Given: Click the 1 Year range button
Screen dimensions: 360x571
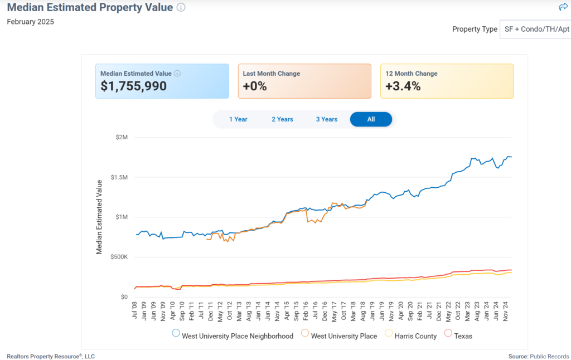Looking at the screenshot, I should (238, 119).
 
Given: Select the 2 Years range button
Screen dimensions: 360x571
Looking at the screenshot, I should (282, 119).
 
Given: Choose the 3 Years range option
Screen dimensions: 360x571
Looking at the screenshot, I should (327, 119).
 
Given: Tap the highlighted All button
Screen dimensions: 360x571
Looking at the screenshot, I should (371, 119).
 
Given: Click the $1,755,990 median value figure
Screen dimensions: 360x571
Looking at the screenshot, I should (133, 86).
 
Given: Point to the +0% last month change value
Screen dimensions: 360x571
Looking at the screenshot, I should (255, 86).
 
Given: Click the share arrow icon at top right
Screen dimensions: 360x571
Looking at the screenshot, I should (563, 7).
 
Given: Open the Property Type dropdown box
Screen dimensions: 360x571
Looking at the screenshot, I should (535, 29).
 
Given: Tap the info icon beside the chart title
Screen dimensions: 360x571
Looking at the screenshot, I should (181, 7).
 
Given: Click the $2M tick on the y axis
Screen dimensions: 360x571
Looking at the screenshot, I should (122, 137).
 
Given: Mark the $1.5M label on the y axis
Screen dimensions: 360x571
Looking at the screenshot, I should (119, 177).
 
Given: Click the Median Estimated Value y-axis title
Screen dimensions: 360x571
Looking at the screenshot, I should (99, 217).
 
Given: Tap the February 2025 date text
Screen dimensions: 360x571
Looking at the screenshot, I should (30, 22).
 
